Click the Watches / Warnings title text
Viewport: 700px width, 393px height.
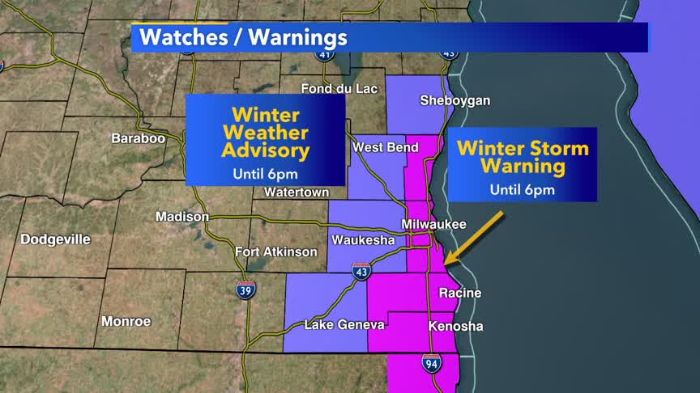243,37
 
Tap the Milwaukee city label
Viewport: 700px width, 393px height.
434,224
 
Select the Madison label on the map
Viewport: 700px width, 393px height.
182,217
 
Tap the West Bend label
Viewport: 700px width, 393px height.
386,147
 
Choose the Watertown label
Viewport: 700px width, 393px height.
297,192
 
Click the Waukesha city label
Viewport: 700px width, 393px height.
363,240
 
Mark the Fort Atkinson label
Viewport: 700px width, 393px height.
276,252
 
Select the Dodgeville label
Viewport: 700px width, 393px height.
55,239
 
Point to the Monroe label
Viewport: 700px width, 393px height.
126,321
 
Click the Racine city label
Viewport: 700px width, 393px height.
459,293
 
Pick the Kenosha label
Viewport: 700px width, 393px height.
455,327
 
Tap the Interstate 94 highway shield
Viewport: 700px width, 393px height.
431,364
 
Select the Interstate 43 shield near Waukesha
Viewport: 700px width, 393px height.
361,272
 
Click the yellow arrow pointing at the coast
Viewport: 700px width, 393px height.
474,239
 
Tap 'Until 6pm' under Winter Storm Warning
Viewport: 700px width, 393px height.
522,190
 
